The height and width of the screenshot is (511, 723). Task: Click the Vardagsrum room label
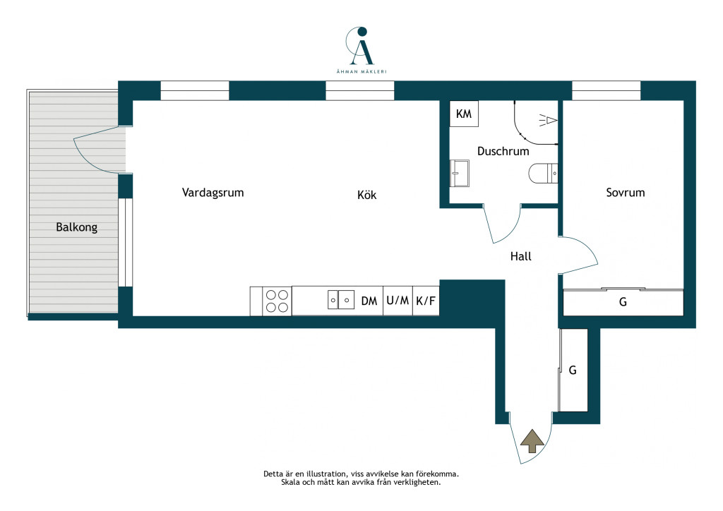pos(213,193)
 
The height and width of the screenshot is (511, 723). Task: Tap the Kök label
pos(366,195)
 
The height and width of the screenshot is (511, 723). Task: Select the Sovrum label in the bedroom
pos(626,193)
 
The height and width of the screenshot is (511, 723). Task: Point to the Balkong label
pos(76,227)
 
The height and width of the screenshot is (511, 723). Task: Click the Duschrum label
pos(503,151)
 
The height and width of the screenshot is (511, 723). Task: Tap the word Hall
pos(520,256)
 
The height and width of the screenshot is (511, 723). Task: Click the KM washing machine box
pos(464,114)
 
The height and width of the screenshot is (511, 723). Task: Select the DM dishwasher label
pos(369,301)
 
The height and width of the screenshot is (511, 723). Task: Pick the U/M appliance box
pos(398,301)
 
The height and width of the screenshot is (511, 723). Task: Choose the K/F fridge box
pos(426,301)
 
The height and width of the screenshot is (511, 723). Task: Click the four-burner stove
pos(277,301)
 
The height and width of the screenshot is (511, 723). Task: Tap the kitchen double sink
pos(341,299)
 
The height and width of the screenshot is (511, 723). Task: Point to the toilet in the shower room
pos(543,173)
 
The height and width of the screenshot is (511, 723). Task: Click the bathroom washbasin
pos(460,173)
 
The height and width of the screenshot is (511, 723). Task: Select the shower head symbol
pos(548,120)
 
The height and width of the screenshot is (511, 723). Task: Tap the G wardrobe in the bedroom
pos(623,302)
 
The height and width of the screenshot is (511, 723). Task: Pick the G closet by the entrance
pos(573,370)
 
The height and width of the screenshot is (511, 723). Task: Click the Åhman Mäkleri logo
pos(361,50)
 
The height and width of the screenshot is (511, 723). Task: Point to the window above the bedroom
pos(607,90)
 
